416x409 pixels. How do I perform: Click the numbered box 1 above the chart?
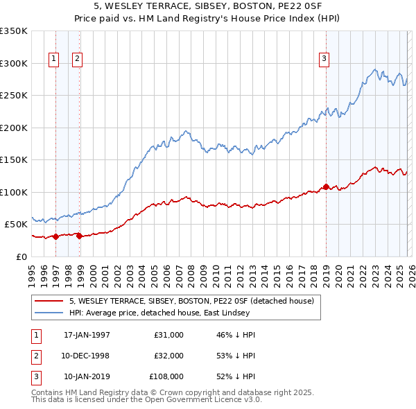tap(53, 60)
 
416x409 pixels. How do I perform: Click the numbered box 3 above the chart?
tap(323, 60)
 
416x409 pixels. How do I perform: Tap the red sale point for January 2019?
tap(326, 186)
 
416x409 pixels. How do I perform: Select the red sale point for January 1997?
tap(56, 236)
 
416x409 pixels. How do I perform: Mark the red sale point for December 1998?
tap(79, 236)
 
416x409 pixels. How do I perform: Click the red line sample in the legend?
tap(49, 301)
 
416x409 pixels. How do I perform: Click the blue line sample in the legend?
tap(49, 312)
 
